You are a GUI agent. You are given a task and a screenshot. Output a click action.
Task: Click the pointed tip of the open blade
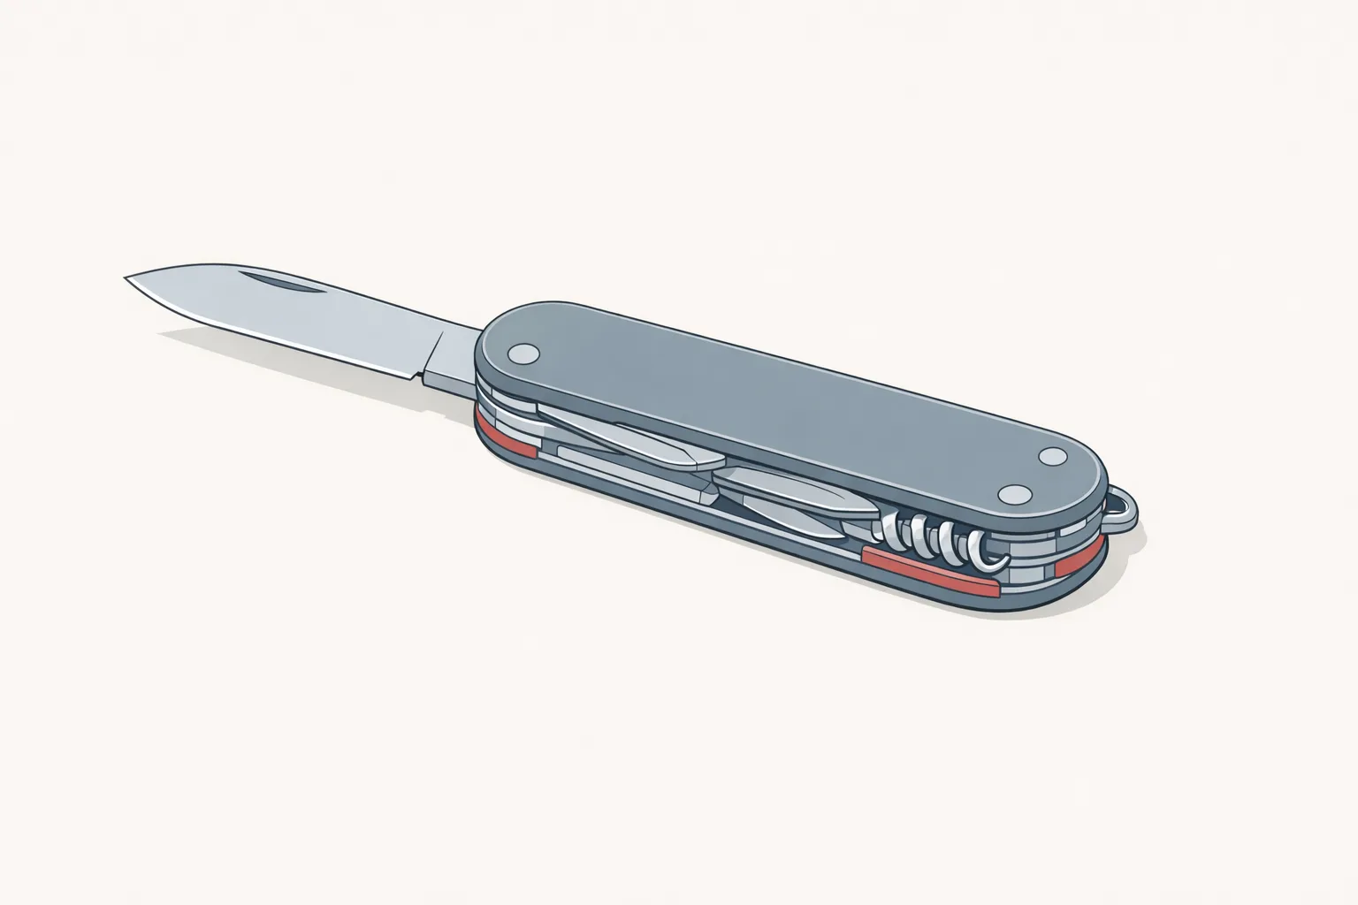coord(127,278)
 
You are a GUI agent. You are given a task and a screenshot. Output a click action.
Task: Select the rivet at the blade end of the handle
coord(524,354)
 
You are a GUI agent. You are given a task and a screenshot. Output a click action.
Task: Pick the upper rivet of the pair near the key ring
coord(1053,457)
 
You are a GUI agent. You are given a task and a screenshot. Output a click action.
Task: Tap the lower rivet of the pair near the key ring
coord(1012,494)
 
